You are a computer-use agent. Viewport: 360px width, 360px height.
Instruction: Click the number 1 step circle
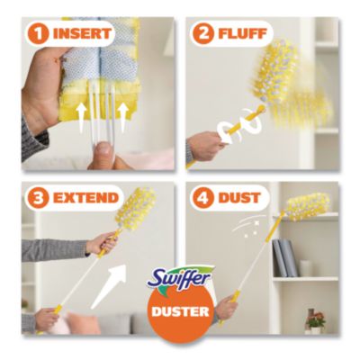pyautogui.click(x=38, y=34)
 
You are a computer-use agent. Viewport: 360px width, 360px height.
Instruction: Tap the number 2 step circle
pyautogui.click(x=203, y=34)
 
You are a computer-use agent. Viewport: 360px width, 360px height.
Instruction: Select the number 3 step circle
pyautogui.click(x=38, y=198)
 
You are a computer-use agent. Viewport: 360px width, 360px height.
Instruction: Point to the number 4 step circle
pyautogui.click(x=203, y=198)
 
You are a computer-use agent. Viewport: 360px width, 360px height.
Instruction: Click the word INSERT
pyautogui.click(x=82, y=34)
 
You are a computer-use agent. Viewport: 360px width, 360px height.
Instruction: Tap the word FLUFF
pyautogui.click(x=242, y=34)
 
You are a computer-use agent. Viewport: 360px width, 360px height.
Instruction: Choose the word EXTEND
pyautogui.click(x=85, y=198)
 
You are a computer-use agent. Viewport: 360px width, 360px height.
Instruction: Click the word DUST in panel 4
pyautogui.click(x=239, y=198)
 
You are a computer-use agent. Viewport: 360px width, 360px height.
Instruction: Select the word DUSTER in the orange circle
pyautogui.click(x=180, y=311)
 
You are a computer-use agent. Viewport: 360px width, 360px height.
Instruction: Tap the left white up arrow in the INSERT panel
pyautogui.click(x=81, y=118)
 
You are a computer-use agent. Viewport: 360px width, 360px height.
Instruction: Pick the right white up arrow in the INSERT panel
pyautogui.click(x=122, y=118)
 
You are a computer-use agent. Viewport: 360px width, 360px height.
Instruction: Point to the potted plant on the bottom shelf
pyautogui.click(x=315, y=322)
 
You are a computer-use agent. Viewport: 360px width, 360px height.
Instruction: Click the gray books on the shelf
pyautogui.click(x=285, y=258)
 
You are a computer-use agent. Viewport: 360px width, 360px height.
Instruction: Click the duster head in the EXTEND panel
pyautogui.click(x=136, y=208)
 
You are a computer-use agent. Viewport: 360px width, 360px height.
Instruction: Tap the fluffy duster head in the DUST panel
pyautogui.click(x=308, y=205)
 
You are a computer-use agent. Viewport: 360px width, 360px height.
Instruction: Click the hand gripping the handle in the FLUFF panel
pyautogui.click(x=206, y=146)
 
